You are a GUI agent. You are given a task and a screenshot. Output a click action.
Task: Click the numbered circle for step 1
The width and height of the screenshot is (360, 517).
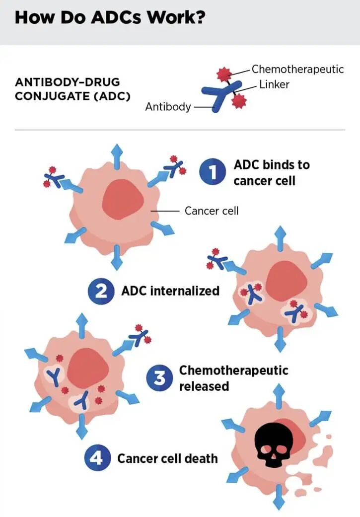pos(213,172)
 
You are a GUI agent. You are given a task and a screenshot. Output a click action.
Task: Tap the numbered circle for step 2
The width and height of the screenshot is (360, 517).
pos(101,292)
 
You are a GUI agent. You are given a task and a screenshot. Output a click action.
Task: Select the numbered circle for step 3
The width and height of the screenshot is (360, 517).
pos(159,378)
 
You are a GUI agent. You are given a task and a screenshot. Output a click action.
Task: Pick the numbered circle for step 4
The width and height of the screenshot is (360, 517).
pos(97,457)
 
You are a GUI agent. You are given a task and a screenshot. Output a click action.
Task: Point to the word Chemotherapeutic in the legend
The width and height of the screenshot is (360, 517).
pos(298,69)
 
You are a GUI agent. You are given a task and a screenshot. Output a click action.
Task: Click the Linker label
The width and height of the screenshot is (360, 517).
pos(274,84)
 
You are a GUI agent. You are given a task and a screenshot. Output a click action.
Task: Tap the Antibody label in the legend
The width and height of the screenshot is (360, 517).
pos(168,107)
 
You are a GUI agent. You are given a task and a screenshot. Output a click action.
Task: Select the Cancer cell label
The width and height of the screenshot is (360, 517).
pos(212,211)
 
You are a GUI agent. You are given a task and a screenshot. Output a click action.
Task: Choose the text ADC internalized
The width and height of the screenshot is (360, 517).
pos(170,291)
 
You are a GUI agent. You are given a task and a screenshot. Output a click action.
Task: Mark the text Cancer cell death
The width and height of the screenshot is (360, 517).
pos(167,458)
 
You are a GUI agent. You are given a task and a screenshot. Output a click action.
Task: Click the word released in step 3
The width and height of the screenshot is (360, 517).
pos(204,386)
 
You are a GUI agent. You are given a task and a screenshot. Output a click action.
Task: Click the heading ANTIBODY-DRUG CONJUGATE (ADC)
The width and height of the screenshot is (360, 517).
pos(72,89)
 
